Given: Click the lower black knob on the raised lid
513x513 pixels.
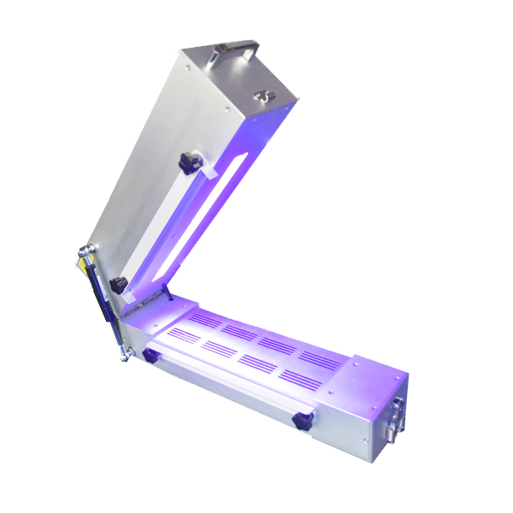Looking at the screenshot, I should tap(120, 285).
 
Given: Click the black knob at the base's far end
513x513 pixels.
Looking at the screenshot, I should tap(300, 420).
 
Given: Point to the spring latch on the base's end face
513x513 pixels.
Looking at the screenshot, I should tap(397, 410).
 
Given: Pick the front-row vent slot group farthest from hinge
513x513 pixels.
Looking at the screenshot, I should tap(300, 377).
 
